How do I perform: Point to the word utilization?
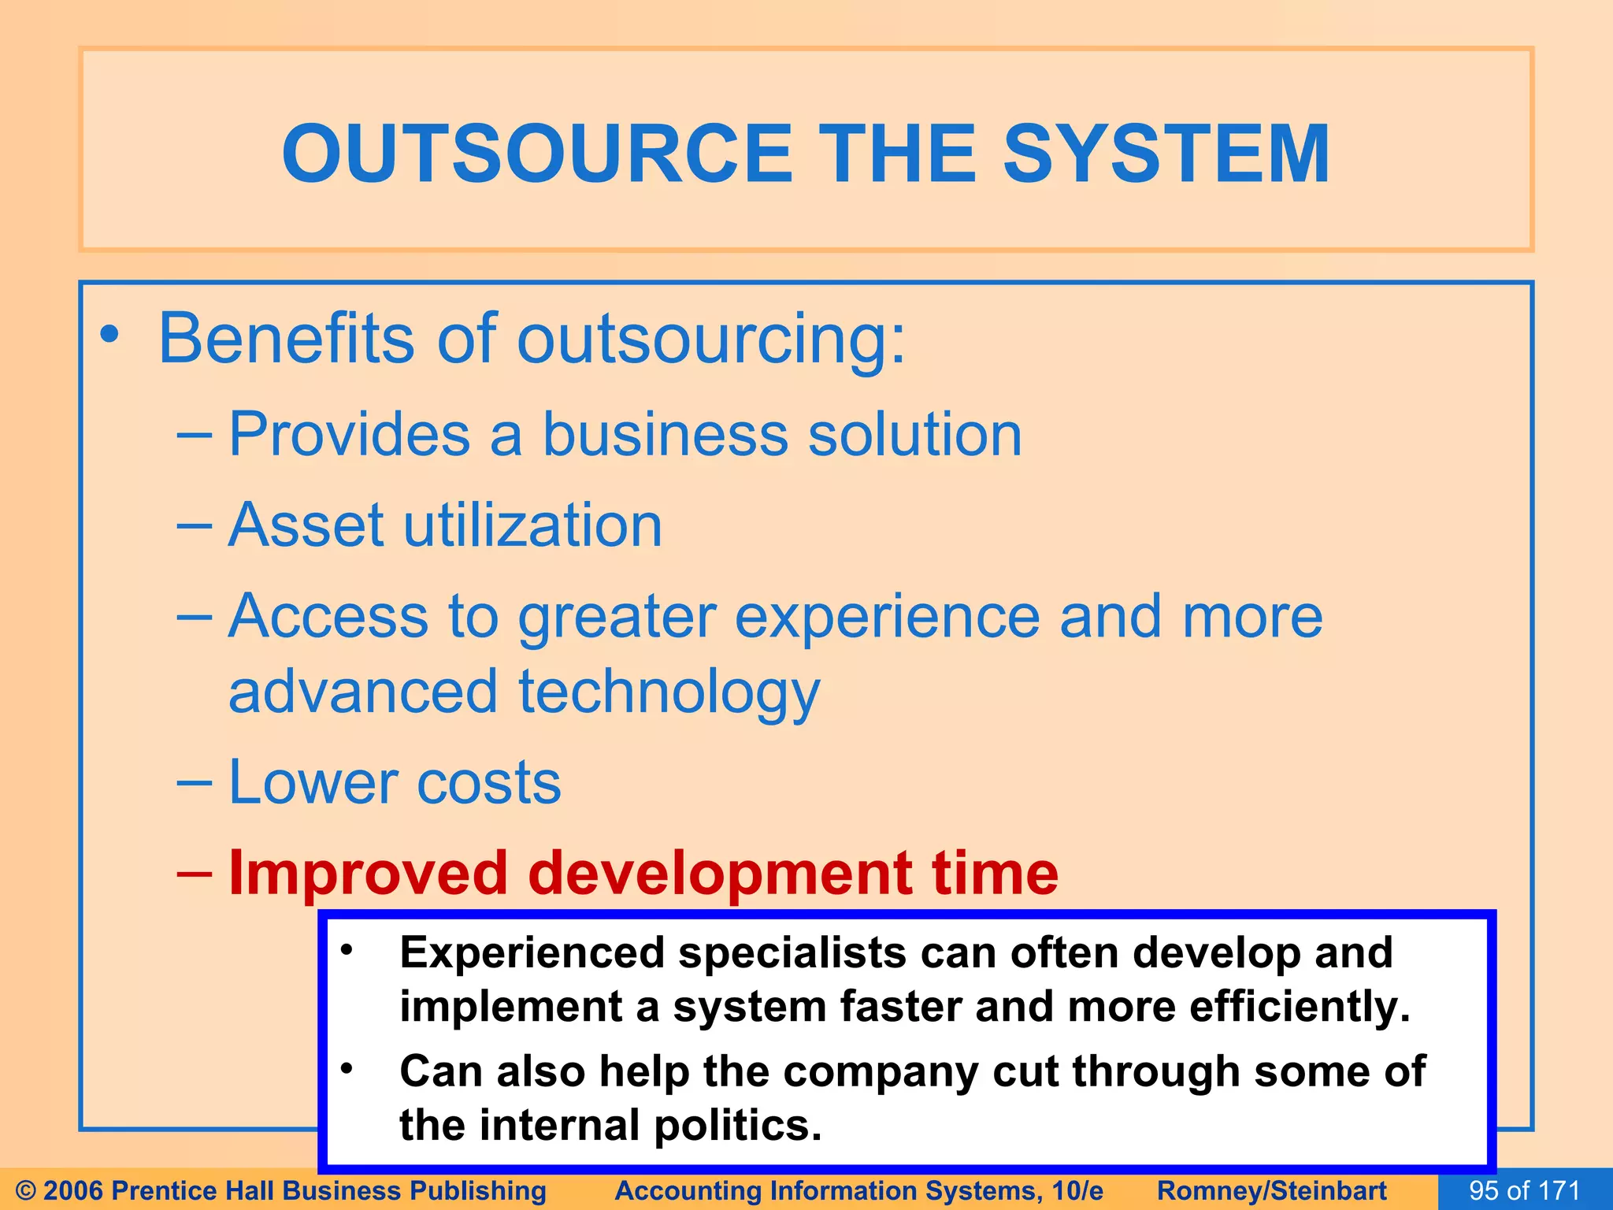pos(532,525)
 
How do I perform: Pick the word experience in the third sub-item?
pos(887,617)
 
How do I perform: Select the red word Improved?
pos(368,874)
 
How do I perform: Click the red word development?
pos(719,874)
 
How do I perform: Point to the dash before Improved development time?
pos(194,873)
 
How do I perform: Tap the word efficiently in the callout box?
pos(1299,1007)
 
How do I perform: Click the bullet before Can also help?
pos(347,1069)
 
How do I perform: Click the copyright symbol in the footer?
pos(25,1190)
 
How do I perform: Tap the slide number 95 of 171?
pos(1524,1190)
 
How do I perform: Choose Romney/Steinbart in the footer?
pos(1271,1190)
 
